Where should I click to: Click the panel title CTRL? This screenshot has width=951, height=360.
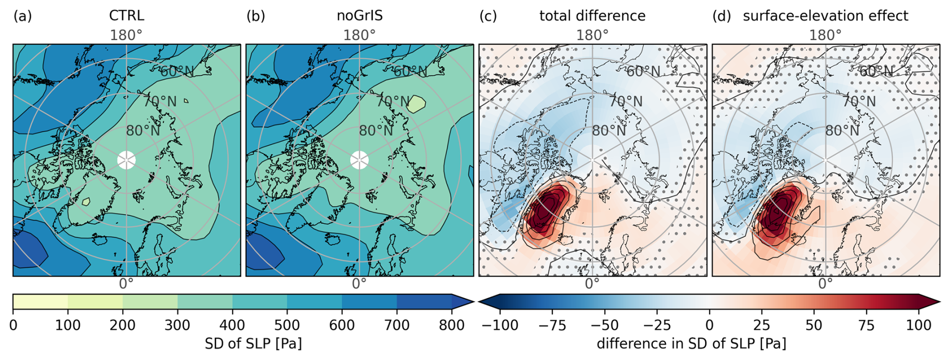126,16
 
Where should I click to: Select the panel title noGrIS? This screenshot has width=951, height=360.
359,16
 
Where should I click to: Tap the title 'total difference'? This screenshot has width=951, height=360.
592,16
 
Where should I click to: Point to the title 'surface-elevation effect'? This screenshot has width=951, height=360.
825,16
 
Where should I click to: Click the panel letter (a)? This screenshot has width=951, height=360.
23,16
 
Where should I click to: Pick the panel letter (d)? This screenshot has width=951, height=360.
722,16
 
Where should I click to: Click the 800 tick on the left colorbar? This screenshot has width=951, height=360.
451,325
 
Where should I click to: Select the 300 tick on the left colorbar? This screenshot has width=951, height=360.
177,325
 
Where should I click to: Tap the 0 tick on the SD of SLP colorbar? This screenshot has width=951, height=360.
13,325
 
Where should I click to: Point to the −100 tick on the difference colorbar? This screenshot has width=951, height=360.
500,325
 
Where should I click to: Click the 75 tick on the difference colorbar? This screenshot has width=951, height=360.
867,325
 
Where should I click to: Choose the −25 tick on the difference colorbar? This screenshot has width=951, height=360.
657,325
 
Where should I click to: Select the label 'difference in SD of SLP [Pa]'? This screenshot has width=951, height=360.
691,343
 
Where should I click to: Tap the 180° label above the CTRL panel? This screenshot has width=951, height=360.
126,35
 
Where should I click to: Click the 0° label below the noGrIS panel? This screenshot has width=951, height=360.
359,284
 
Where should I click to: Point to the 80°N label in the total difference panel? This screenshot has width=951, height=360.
609,131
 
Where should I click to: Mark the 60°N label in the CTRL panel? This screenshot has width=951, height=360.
177,71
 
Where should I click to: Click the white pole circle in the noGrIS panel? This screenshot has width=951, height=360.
359,160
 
